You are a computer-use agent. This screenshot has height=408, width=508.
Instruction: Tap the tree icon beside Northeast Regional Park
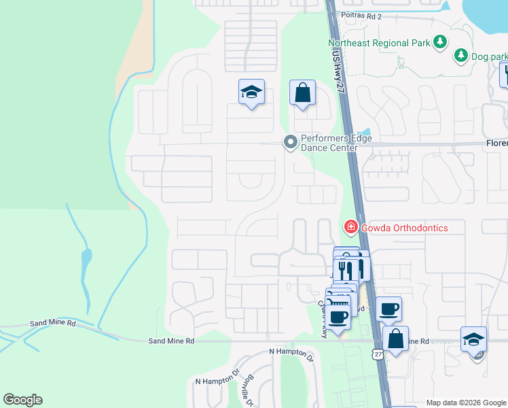(440, 42)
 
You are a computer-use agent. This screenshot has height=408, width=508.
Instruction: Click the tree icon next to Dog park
(461, 55)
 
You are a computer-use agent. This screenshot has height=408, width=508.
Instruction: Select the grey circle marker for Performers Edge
(290, 142)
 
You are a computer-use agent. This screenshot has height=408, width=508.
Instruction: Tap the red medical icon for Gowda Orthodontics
(350, 226)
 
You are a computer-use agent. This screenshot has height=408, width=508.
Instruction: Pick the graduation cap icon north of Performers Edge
(251, 92)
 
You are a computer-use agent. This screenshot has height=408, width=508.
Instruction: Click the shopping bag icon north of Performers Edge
(302, 92)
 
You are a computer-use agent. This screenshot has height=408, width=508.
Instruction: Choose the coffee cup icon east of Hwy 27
(388, 309)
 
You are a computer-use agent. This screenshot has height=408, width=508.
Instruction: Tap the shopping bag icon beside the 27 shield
(395, 338)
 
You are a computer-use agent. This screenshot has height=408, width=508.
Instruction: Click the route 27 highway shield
(377, 354)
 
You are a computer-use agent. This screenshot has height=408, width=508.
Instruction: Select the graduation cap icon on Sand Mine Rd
(473, 339)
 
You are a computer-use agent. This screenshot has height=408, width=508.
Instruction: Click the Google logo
(22, 400)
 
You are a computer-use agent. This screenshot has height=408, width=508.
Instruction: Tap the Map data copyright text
(466, 403)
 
